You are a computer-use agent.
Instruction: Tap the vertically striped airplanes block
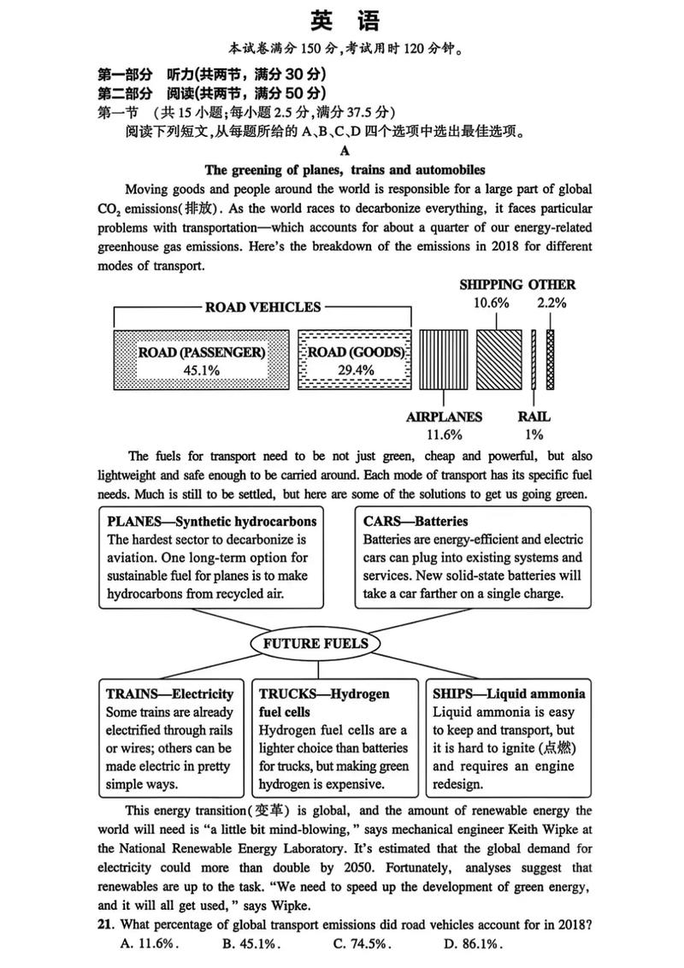coord(443,359)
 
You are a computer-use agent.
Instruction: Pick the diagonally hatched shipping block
coord(498,359)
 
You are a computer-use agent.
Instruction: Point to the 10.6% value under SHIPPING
coord(492,304)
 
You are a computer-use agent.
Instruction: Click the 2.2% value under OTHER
coord(551,304)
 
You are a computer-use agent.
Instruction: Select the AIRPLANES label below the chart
coord(443,417)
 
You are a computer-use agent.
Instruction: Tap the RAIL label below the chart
coord(534,417)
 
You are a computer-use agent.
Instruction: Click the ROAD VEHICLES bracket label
coord(263,307)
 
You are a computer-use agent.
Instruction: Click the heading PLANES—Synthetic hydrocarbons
coord(212,521)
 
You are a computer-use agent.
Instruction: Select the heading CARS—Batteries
coord(416,521)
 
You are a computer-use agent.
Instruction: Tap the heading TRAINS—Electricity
coord(169,694)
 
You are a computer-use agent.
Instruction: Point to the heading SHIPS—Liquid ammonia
coord(509,694)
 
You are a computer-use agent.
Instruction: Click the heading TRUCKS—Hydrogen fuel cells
coord(324,702)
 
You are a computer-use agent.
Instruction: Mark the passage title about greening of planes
coord(345,169)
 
